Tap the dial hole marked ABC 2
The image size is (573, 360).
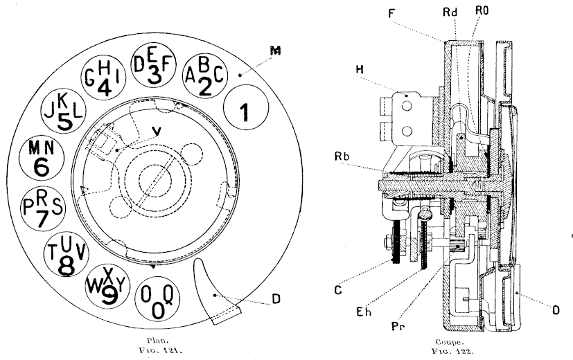(x=204, y=77)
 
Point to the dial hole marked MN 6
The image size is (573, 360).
(x=43, y=158)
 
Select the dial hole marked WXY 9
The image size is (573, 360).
(x=105, y=284)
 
